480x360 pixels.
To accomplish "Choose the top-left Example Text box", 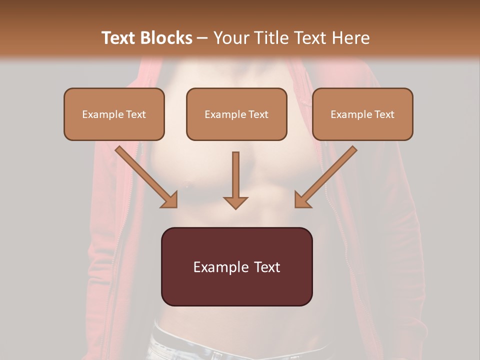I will tap(114, 114).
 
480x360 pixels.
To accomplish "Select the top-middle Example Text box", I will tap(236, 114).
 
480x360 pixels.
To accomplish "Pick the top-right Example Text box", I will tap(362, 114).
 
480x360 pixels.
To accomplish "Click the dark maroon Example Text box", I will tap(236, 266).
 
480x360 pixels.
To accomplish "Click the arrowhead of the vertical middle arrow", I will tap(235, 202).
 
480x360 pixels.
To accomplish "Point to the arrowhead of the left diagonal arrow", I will tap(170, 200).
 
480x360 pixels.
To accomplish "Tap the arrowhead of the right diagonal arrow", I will tap(301, 200).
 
